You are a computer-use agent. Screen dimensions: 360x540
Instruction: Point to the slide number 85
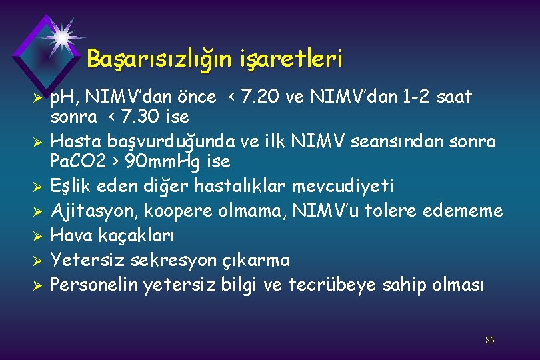(x=490, y=341)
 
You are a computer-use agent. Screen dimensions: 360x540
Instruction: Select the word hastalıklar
(x=235, y=185)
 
